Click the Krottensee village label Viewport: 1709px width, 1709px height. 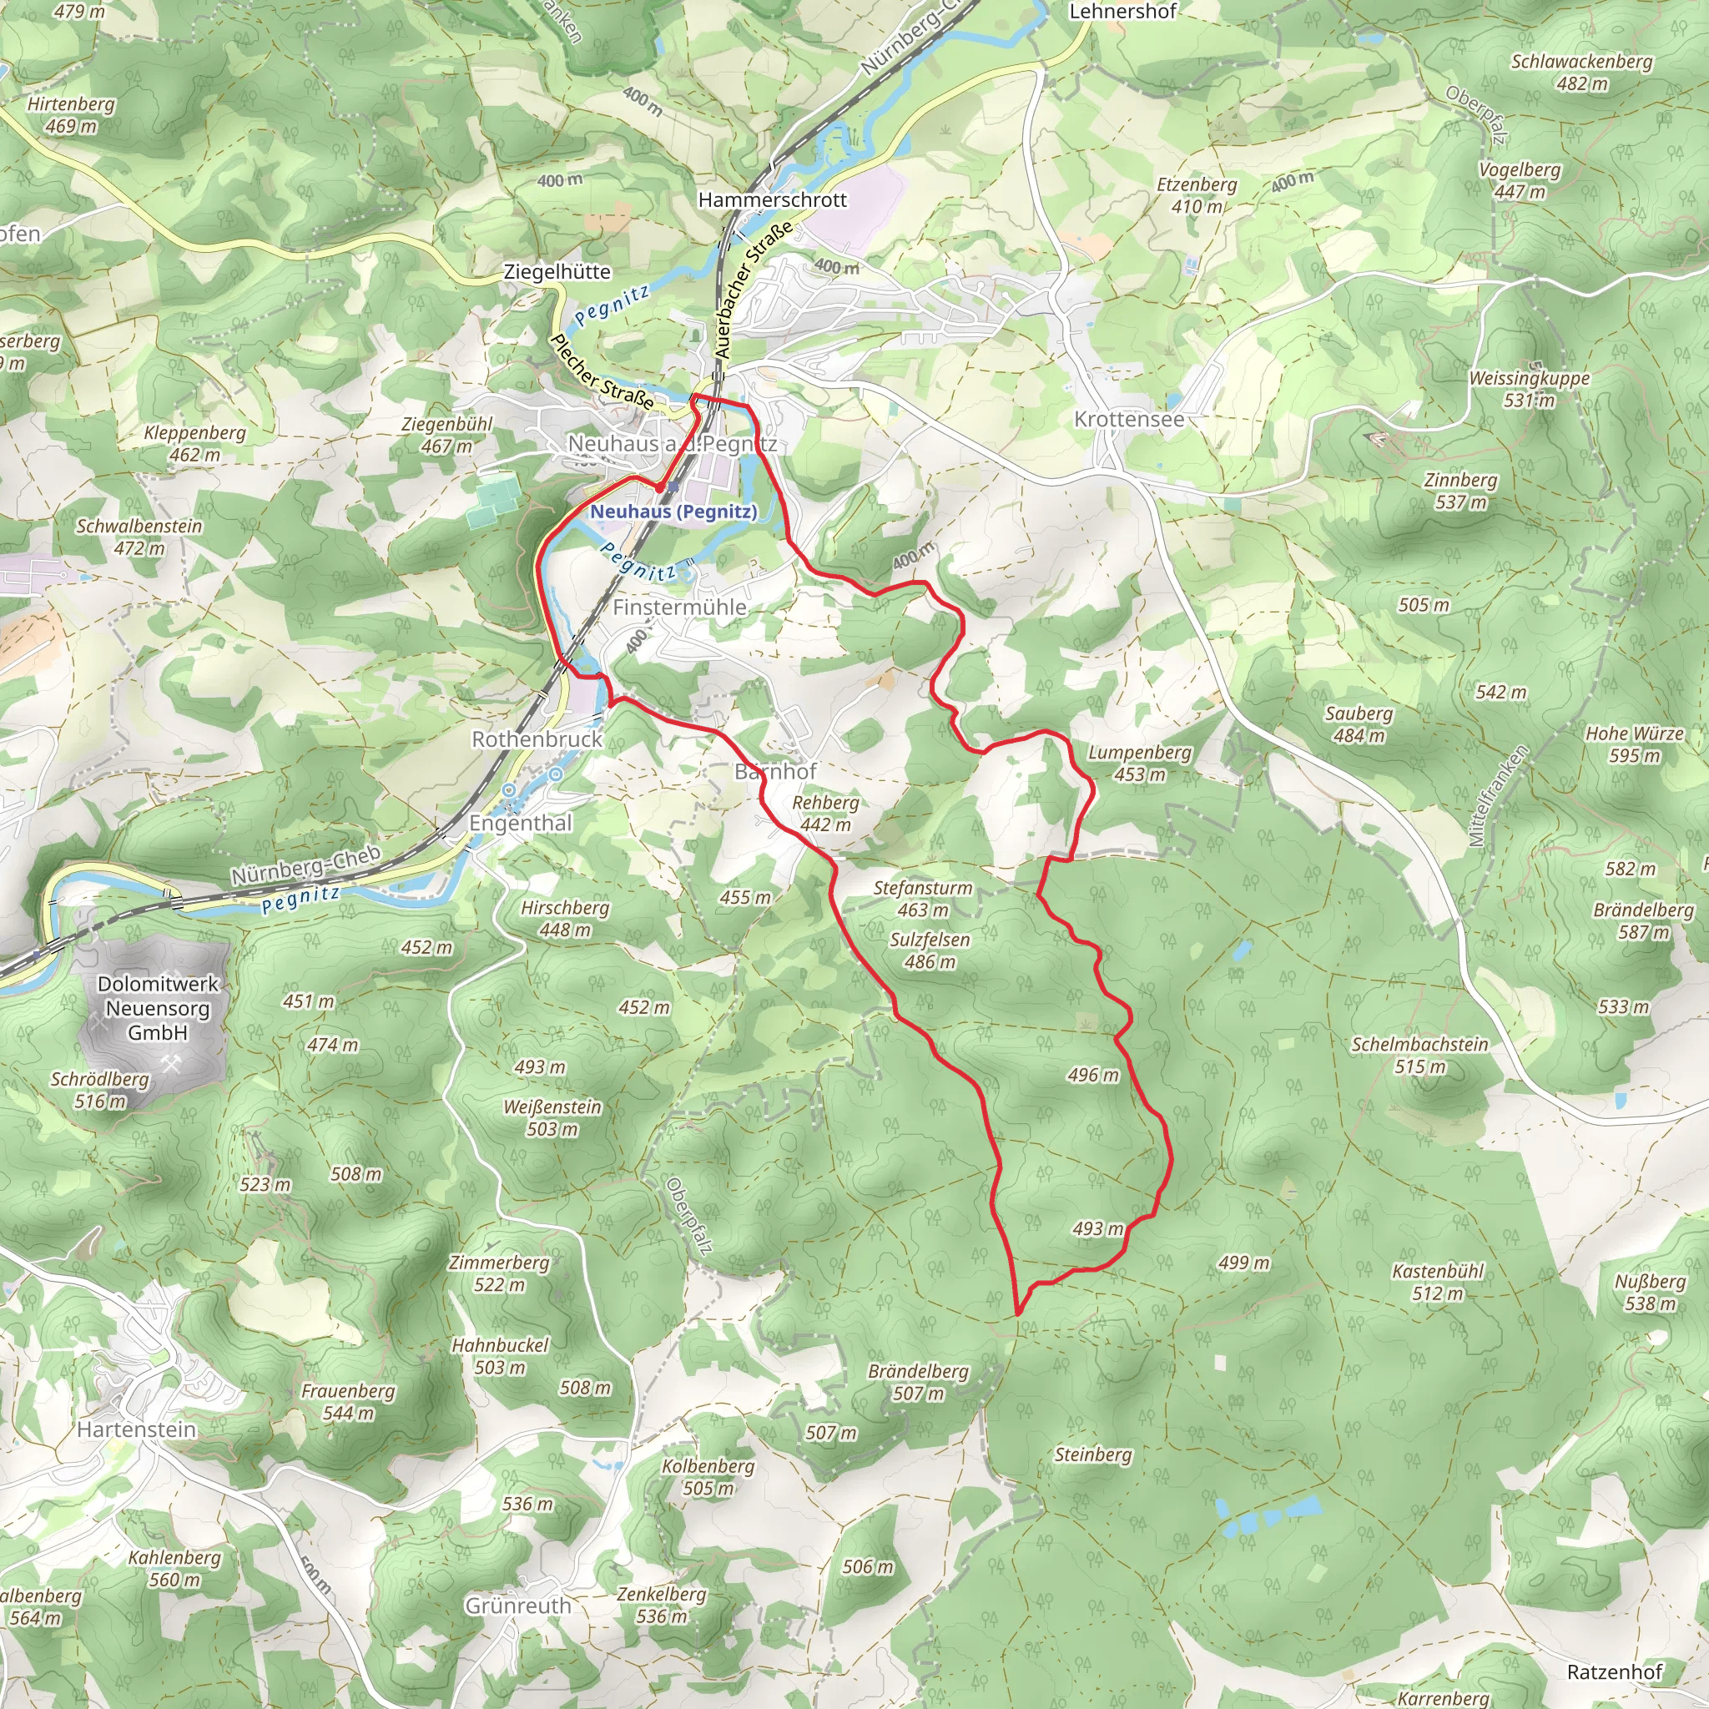(x=1129, y=419)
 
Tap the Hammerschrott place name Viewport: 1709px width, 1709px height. (x=772, y=200)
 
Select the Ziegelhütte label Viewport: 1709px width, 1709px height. (x=557, y=271)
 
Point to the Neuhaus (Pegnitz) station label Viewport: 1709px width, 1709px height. (x=673, y=512)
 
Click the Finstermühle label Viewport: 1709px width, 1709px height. (x=679, y=607)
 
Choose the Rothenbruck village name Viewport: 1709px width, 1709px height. (x=536, y=739)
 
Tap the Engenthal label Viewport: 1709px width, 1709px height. (x=520, y=823)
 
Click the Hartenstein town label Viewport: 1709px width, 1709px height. (x=136, y=1429)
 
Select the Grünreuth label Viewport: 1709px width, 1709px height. (x=518, y=1605)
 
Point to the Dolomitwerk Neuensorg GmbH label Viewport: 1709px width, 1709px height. (x=158, y=1007)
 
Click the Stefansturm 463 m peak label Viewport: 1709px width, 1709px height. (x=923, y=898)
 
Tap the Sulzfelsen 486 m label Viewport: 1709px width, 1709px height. (x=930, y=950)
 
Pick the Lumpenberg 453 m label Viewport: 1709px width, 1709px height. (x=1139, y=764)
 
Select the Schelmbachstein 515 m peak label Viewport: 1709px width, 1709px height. (x=1419, y=1056)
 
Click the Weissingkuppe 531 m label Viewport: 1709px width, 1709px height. (x=1530, y=388)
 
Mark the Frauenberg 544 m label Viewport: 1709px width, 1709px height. (x=348, y=1402)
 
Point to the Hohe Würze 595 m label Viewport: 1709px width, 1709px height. (x=1634, y=744)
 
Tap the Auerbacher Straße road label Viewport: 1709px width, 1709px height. (x=753, y=291)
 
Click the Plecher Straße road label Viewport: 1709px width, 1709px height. (x=602, y=371)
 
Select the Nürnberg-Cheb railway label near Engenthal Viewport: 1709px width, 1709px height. (x=305, y=865)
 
